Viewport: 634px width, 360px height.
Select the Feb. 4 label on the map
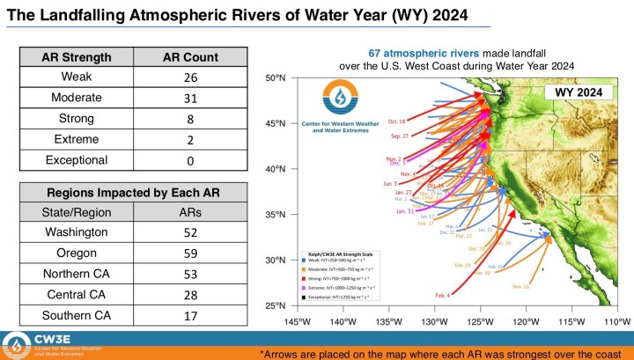(x=441, y=295)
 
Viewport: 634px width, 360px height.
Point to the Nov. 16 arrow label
(x=520, y=286)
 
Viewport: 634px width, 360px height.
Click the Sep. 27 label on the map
(x=399, y=136)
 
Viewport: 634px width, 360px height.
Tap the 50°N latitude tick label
(x=276, y=78)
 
